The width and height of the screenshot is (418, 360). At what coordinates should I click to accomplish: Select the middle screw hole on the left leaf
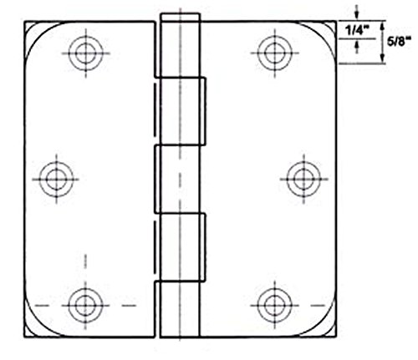pyautogui.click(x=56, y=177)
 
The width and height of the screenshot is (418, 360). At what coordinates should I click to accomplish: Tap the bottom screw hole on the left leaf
pyautogui.click(x=83, y=302)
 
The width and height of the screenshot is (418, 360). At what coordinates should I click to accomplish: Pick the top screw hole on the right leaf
pyautogui.click(x=273, y=53)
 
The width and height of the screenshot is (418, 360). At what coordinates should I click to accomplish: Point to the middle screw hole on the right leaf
pyautogui.click(x=299, y=177)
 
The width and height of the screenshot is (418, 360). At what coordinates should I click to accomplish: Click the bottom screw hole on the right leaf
pyautogui.click(x=273, y=302)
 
